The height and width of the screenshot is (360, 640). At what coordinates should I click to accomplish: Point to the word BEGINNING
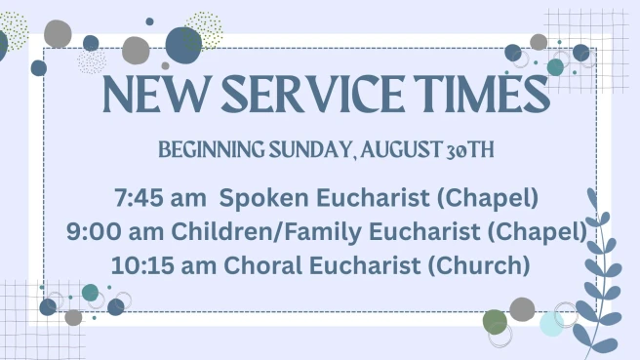tap(212, 149)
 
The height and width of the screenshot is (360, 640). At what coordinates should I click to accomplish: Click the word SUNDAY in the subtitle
tap(310, 149)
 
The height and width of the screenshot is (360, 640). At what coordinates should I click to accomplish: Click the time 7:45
tap(140, 198)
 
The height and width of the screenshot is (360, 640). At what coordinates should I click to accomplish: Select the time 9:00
tap(94, 231)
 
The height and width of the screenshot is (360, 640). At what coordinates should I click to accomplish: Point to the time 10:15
tap(142, 265)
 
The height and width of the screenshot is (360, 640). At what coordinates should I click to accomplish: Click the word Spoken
tap(263, 198)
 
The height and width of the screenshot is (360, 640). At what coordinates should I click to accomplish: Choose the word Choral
tap(262, 265)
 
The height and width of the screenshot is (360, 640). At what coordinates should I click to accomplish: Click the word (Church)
tap(479, 265)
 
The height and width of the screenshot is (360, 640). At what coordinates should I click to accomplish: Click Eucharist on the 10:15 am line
tap(364, 265)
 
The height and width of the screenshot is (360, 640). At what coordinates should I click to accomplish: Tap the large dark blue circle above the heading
tap(183, 45)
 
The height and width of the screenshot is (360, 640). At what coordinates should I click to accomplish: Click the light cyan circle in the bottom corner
tap(552, 324)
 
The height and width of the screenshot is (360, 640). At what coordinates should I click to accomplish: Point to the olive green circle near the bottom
tap(495, 322)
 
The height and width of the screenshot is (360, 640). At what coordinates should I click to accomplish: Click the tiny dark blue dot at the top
tap(150, 21)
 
